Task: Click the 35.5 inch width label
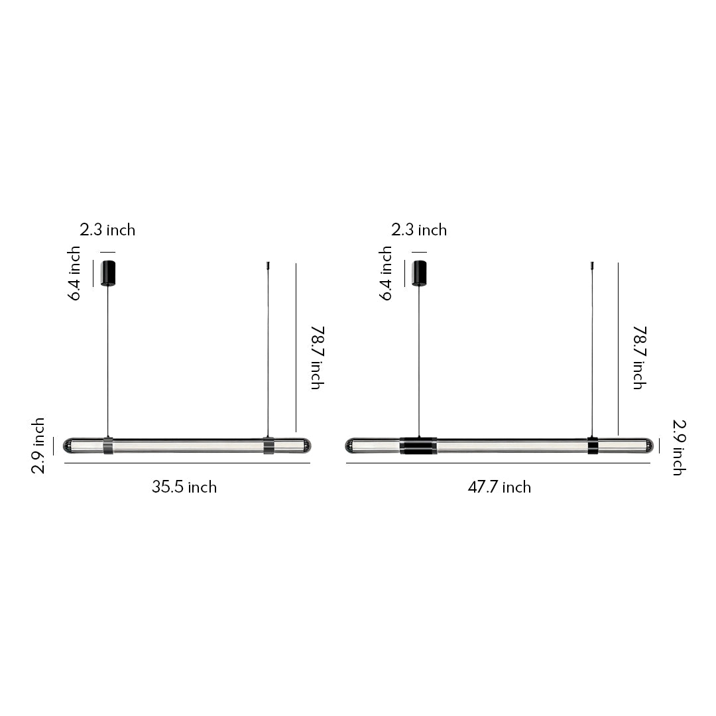click(x=184, y=487)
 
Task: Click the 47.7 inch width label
click(x=499, y=487)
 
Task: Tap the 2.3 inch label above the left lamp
click(x=107, y=230)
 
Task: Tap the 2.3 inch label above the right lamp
click(x=419, y=230)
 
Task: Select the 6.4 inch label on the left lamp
click(x=74, y=273)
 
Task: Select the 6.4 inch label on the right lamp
click(x=386, y=273)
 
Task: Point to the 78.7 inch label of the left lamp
click(x=316, y=357)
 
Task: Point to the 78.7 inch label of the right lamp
click(x=638, y=357)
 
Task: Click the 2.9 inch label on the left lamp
click(x=38, y=446)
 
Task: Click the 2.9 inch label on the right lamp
click(x=678, y=447)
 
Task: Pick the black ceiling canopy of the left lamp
click(x=108, y=273)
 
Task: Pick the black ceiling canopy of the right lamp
click(x=419, y=273)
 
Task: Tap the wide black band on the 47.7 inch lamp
click(x=418, y=446)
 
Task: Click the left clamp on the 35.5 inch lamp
click(x=108, y=446)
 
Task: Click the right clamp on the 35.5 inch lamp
click(x=268, y=446)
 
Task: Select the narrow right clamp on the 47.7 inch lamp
click(x=592, y=446)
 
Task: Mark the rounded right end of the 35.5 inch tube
click(x=304, y=446)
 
